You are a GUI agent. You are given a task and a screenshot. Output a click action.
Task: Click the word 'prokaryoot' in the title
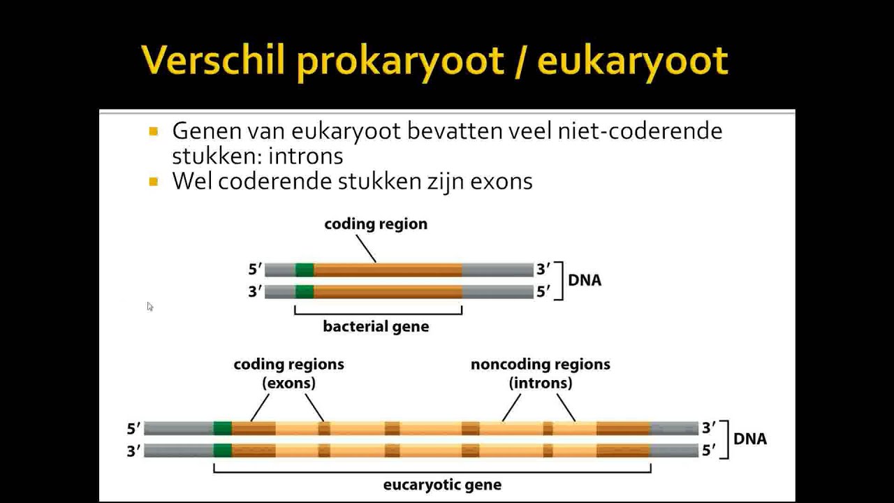pos(400,61)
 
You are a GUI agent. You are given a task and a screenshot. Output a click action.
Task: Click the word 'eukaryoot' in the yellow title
pos(633,61)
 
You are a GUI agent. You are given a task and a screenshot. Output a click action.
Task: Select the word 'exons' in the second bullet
pos(501,182)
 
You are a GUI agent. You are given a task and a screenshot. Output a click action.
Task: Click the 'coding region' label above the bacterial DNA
pos(376,224)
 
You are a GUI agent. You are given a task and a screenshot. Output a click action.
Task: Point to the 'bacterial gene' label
pos(376,327)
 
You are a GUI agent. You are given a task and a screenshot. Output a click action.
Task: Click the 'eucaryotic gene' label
pos(442,485)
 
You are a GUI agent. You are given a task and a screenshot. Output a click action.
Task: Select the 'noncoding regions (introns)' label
pos(540,374)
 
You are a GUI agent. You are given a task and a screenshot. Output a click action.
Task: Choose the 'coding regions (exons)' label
pos(288,374)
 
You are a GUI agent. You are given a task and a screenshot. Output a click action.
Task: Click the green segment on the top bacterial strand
pos(305,270)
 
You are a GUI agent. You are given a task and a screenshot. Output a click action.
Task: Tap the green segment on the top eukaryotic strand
pos(223,428)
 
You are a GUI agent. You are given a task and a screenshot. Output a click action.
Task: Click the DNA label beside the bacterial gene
pos(585,281)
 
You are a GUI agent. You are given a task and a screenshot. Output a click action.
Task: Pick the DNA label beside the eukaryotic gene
pos(750,439)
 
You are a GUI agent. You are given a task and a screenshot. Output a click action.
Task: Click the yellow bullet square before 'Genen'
pos(154,131)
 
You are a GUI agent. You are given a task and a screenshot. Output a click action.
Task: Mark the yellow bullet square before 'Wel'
pos(154,182)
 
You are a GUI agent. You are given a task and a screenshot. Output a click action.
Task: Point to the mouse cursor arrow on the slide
pos(149,306)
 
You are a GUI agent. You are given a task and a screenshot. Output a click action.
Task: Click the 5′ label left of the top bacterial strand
pos(255,270)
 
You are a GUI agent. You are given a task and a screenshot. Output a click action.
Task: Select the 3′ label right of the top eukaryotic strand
pos(709,428)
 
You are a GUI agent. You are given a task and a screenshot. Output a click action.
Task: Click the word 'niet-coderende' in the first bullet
pos(640,131)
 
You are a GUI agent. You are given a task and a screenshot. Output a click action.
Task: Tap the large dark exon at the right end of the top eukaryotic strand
pos(623,428)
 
